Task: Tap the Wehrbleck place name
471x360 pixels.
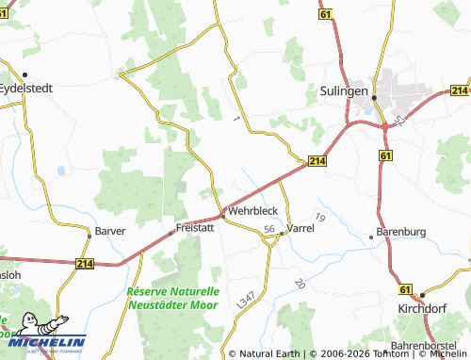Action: coord(253,212)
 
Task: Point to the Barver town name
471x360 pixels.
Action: coord(111,230)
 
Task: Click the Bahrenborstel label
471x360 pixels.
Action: coord(430,346)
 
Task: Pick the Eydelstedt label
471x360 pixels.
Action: coord(24,86)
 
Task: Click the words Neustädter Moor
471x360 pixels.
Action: coord(173,305)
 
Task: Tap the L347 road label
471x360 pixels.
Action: coord(246,301)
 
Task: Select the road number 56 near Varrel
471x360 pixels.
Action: coord(269,230)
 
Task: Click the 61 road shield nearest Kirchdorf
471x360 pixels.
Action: coord(405,289)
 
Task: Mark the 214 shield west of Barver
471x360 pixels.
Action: coord(87,266)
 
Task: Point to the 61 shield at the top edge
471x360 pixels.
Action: coord(326,16)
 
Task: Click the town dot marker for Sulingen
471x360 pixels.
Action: coord(374,97)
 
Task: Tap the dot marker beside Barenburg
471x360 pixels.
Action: coord(371,237)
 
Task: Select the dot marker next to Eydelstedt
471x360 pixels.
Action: coord(25,74)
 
